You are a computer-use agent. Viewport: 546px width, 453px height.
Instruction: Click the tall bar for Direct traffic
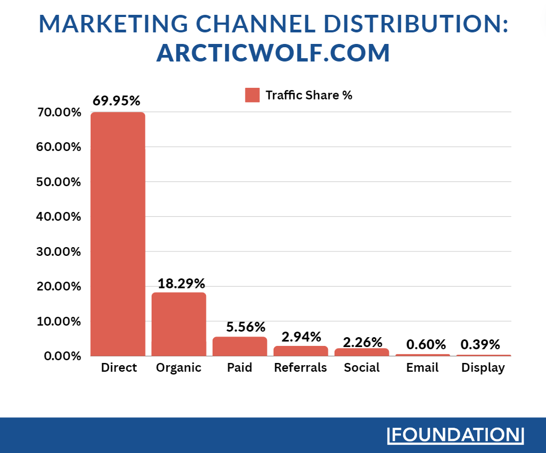118,233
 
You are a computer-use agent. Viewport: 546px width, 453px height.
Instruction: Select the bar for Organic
179,324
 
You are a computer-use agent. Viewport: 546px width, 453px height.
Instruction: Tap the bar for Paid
239,346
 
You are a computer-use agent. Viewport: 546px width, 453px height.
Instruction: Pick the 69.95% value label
116,101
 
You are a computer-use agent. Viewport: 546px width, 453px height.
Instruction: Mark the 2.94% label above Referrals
302,337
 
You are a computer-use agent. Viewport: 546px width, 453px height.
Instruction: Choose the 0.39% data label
481,345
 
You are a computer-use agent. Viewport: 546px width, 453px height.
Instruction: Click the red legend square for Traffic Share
252,95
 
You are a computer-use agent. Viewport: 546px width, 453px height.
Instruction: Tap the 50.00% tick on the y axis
59,182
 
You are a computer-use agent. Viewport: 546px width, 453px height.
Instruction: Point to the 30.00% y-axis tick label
59,251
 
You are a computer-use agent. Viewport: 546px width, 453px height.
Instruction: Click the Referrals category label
300,368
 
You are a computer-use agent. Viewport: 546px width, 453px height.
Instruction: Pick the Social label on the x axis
361,368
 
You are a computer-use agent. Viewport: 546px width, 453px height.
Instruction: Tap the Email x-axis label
422,368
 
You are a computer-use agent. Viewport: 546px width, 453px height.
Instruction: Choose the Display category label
483,368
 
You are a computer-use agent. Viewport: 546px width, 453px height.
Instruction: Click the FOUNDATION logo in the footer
456,435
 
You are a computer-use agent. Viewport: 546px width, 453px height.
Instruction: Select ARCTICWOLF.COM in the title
273,53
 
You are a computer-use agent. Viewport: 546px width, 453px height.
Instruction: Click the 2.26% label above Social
363,343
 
